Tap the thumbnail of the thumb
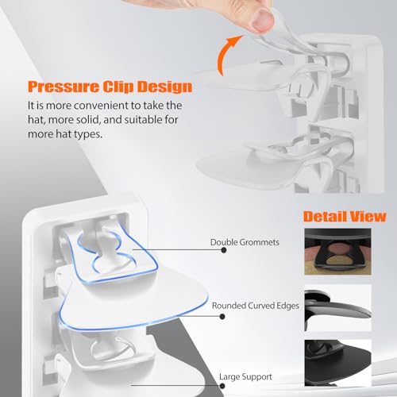tap(262, 20)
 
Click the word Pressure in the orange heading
tap(63, 87)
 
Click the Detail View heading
tap(345, 217)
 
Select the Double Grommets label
tap(245, 242)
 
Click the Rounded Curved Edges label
tap(256, 306)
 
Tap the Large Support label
tap(245, 376)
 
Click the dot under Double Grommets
tap(224, 250)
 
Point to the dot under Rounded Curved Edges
tap(222, 316)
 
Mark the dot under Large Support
tap(222, 386)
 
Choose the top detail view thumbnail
tap(337, 252)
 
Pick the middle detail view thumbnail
tap(337, 308)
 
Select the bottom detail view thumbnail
tap(337, 363)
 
